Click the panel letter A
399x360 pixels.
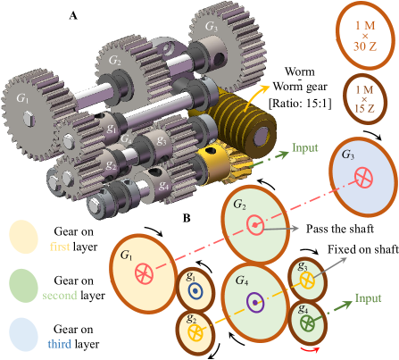(x=73, y=15)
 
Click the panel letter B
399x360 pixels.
(x=187, y=218)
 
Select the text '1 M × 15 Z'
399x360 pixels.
(x=365, y=99)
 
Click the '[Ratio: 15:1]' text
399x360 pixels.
(x=300, y=103)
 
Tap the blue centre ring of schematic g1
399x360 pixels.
(x=195, y=290)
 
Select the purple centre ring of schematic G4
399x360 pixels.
(x=255, y=302)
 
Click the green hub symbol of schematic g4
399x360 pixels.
(x=307, y=322)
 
